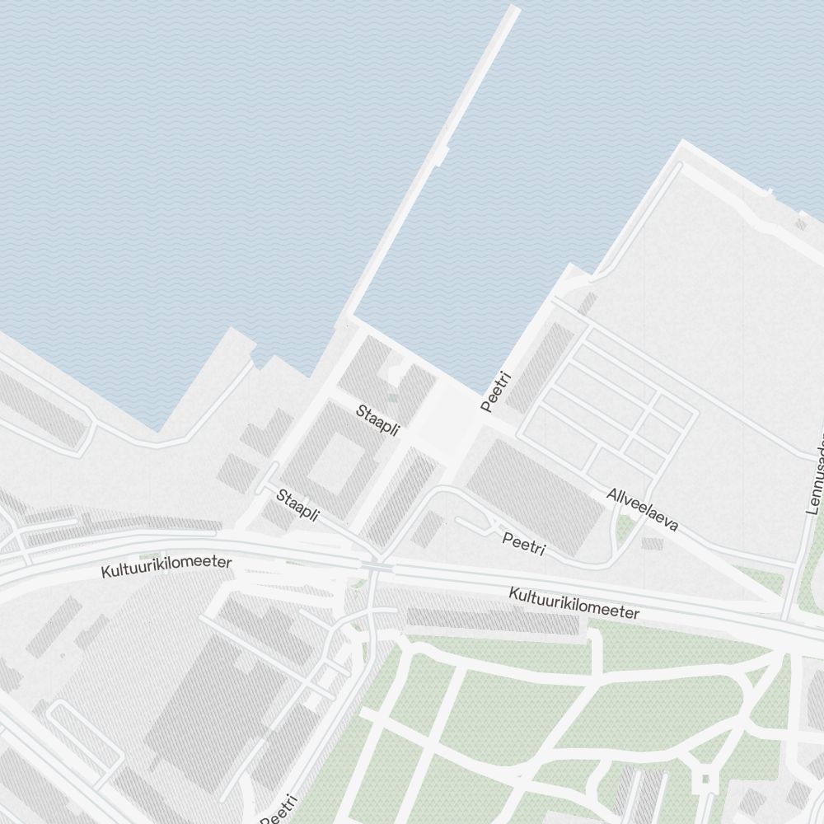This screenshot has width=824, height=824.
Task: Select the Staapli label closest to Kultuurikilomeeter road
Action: (x=297, y=504)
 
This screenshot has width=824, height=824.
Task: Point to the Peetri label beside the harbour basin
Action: (x=497, y=391)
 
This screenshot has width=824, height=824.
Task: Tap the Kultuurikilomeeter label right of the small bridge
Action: (x=574, y=603)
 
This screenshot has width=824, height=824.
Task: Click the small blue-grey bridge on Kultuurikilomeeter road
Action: (x=377, y=567)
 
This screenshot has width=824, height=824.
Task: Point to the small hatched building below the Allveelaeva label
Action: (x=652, y=544)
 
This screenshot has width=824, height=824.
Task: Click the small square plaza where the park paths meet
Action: (x=705, y=778)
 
